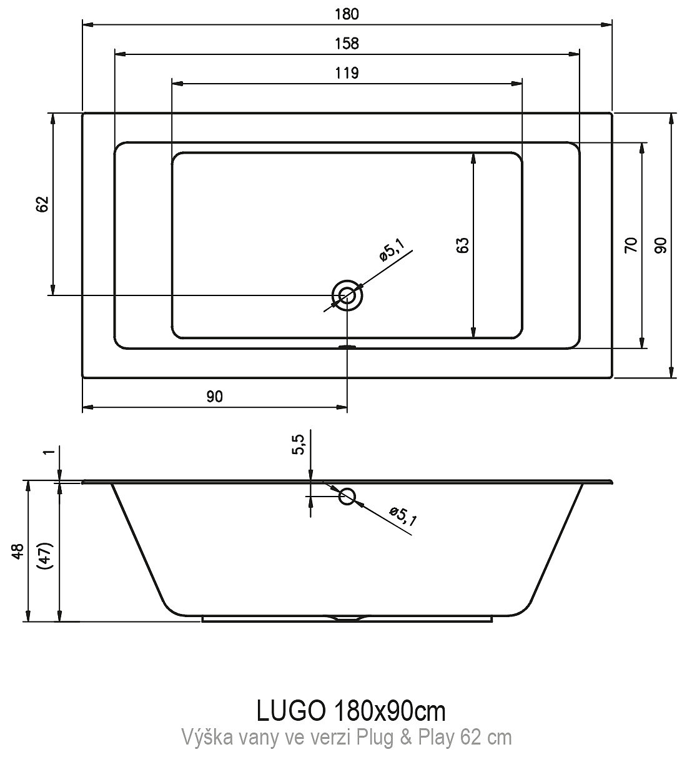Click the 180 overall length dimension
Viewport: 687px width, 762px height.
point(347,14)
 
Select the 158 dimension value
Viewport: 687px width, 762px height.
point(347,44)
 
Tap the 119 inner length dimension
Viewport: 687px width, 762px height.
point(347,73)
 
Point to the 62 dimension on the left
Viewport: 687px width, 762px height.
point(43,204)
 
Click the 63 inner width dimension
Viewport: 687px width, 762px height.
point(463,245)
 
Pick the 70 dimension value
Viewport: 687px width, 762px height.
point(631,245)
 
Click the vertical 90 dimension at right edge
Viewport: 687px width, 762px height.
point(661,245)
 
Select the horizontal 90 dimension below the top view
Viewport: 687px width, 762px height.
point(215,397)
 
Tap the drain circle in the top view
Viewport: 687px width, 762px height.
point(347,295)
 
